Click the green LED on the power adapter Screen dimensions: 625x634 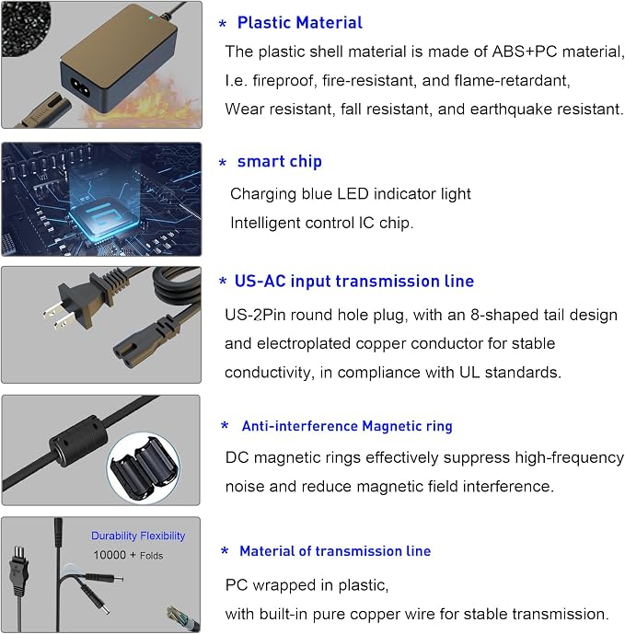point(151,17)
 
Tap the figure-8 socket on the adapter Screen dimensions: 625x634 point(80,86)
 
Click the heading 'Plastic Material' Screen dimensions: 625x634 point(300,23)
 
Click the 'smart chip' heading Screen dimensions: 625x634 point(280,161)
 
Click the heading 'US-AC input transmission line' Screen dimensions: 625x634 point(354,281)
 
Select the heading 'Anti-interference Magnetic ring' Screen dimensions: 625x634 point(347,426)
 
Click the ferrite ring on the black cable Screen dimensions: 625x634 point(78,442)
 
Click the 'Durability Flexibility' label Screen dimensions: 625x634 point(138,536)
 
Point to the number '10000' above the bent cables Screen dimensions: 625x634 point(110,555)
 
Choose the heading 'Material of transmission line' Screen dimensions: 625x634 point(335,551)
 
